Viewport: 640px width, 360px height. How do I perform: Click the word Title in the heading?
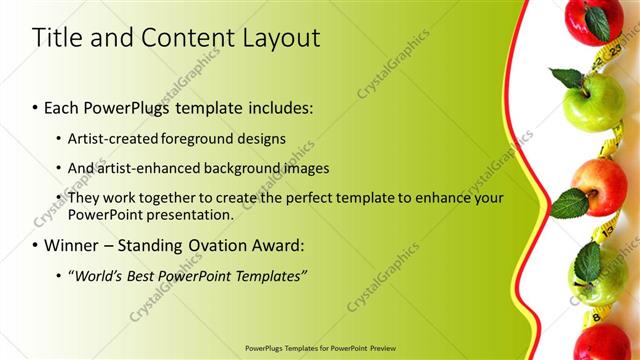(x=57, y=38)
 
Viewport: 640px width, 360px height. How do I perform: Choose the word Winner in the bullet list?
(x=75, y=245)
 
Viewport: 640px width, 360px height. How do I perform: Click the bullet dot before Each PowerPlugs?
(x=36, y=107)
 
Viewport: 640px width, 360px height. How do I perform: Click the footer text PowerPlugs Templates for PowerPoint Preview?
(x=319, y=349)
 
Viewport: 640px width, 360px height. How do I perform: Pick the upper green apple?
(x=593, y=100)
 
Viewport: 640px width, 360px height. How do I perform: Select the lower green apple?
(x=597, y=276)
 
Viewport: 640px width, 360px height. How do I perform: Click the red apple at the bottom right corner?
(x=603, y=341)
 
